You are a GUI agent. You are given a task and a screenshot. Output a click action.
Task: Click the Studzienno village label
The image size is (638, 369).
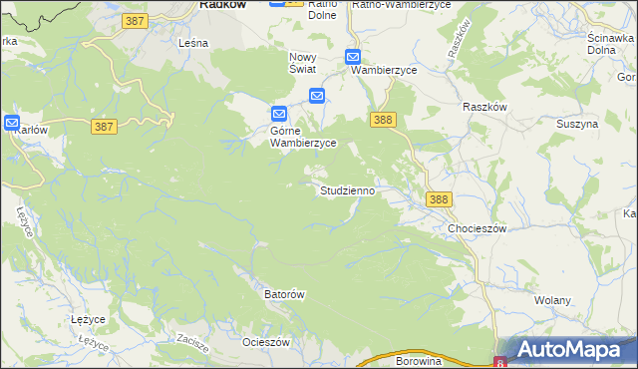pos(348,189)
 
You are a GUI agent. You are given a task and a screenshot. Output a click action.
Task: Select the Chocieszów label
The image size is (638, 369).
pos(478,228)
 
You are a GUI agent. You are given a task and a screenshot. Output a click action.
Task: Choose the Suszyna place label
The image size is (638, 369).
pos(578,124)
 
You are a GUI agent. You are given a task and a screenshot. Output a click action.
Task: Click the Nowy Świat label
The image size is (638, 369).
pos(302,62)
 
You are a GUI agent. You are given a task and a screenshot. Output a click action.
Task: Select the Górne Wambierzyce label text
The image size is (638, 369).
pos(303,137)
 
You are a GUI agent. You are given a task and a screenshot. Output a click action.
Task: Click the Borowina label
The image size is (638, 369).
pos(419,360)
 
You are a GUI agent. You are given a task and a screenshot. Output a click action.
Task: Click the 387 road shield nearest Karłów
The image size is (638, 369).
pos(104,127)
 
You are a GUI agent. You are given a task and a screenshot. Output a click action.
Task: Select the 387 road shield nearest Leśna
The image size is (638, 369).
pos(136,20)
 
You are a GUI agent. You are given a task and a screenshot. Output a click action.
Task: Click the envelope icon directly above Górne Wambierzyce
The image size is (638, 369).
pos(280,114)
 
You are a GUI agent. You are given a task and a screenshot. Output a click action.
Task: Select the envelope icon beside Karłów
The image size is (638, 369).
pos(12,123)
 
